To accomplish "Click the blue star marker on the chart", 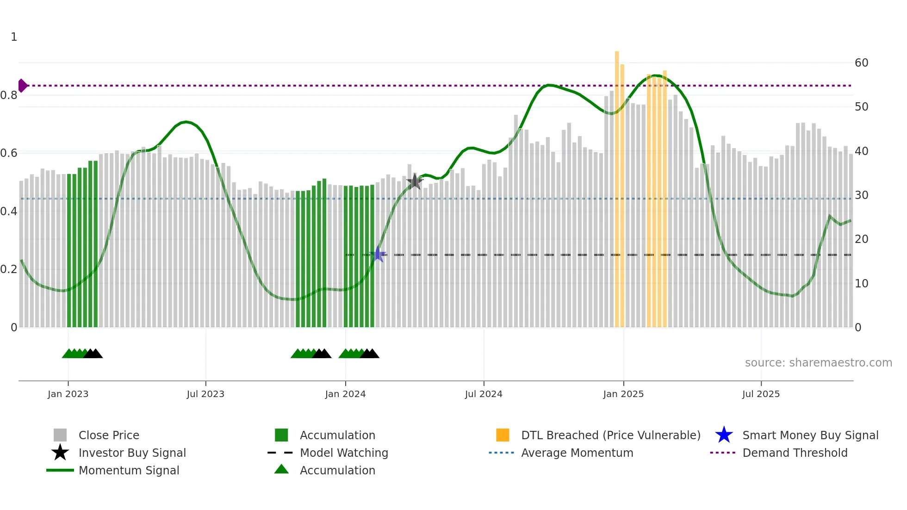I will coord(378,254).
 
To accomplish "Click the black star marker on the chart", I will coord(415,182).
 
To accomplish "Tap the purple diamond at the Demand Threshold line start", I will coord(22,86).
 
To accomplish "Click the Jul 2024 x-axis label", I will coord(484,394).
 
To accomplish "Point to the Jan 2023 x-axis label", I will coord(68,394).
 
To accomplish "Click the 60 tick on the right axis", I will coord(861,63).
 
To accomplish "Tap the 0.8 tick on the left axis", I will coord(9,95).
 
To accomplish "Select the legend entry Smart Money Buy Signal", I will coord(810,435).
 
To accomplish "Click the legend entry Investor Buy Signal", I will coord(132,453).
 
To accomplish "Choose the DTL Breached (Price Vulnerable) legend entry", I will coord(610,435).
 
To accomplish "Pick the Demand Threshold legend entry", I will coord(795,453).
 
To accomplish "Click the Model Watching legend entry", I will coord(344,453).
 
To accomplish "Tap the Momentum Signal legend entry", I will coord(129,470).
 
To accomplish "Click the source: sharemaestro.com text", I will coord(818,362).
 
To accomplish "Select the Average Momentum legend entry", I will coord(577,453).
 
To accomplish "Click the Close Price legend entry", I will coord(109,435).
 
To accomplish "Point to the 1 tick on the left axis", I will coord(14,37).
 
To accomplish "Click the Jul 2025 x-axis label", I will coord(761,394).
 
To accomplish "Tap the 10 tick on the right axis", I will coord(861,284).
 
